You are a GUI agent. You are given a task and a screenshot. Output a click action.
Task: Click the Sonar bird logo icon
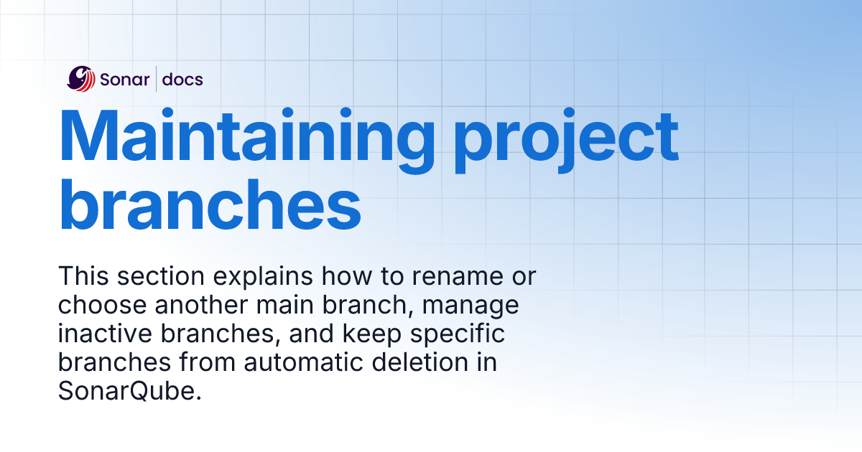tap(81, 79)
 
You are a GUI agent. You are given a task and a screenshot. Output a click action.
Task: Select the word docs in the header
tap(182, 80)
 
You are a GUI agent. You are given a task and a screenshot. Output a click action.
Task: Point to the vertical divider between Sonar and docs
tap(156, 79)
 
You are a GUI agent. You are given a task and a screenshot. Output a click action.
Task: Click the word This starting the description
tap(83, 276)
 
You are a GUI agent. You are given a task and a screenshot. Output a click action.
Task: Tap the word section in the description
tap(159, 276)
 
